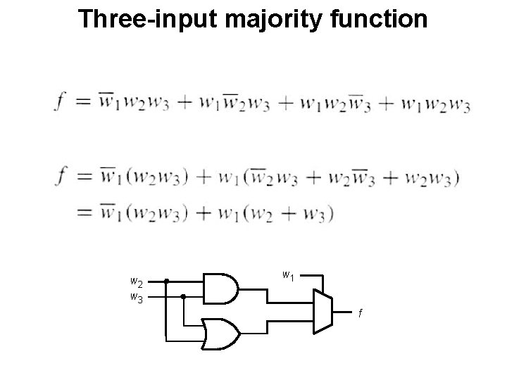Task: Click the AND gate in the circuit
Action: [220, 288]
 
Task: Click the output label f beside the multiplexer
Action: [359, 312]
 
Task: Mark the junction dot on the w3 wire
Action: [183, 296]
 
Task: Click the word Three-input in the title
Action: [149, 19]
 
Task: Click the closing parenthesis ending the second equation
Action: [457, 179]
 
